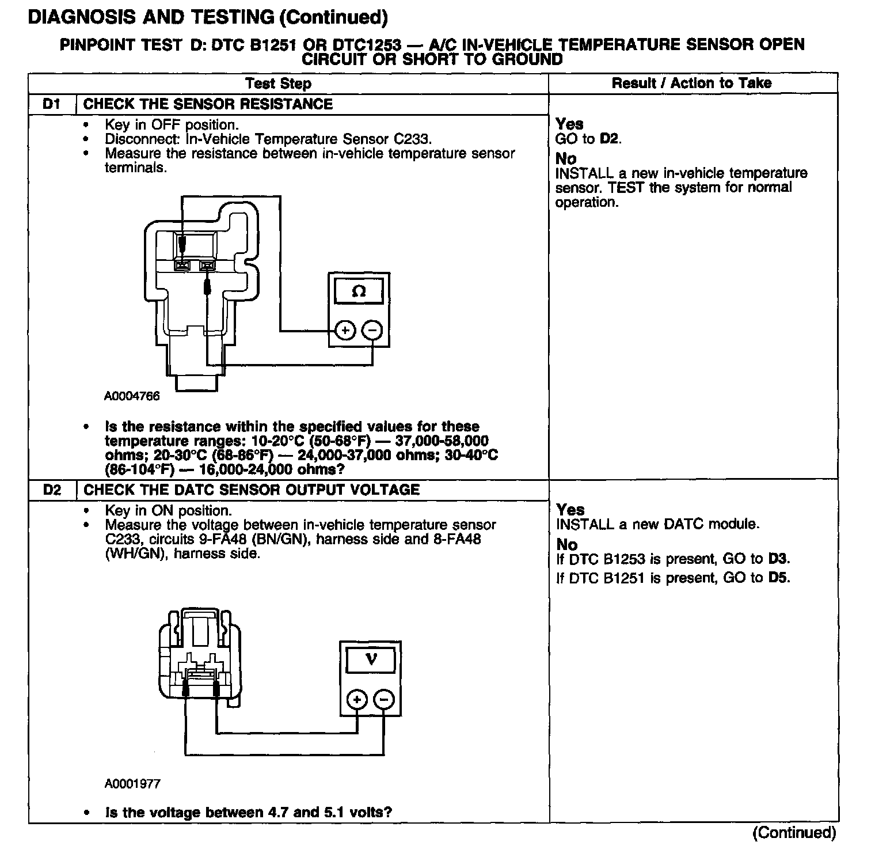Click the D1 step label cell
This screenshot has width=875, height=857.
click(x=52, y=104)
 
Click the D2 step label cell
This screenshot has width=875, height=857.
click(x=52, y=490)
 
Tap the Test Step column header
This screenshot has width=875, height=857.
click(x=278, y=84)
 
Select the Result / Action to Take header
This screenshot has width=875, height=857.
click(x=691, y=84)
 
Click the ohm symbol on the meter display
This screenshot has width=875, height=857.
click(x=359, y=292)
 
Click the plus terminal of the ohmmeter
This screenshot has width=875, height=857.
click(x=345, y=331)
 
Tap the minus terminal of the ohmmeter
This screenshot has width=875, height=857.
click(x=373, y=331)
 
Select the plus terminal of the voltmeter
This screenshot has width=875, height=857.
click(x=357, y=700)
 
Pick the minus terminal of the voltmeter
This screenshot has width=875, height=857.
click(x=384, y=700)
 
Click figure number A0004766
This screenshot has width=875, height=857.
click(x=132, y=396)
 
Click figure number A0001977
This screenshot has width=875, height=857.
click(x=132, y=784)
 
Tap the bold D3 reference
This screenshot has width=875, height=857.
click(x=779, y=559)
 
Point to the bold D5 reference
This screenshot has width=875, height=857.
click(x=779, y=578)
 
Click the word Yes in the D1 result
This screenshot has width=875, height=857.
click(x=569, y=124)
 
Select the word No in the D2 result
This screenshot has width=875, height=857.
click(x=566, y=544)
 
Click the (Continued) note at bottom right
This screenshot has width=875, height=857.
click(x=794, y=832)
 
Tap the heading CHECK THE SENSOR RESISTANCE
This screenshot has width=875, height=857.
click(x=208, y=104)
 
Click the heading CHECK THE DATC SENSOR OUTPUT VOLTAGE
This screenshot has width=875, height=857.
click(x=252, y=490)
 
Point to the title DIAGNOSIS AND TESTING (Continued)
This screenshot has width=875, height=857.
click(x=208, y=17)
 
